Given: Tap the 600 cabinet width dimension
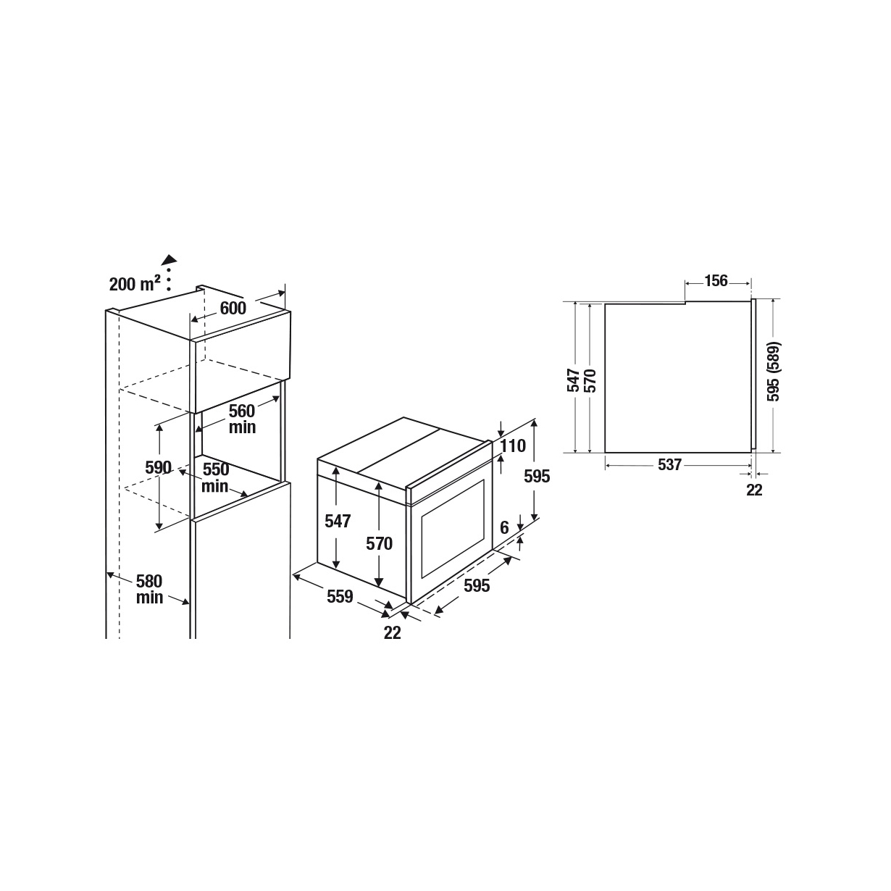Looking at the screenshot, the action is point(233,308).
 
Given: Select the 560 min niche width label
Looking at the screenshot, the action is point(242,419).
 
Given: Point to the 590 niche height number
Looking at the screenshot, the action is point(158,468).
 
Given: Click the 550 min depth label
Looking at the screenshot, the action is point(215,477).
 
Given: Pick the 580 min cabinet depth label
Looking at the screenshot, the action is point(149,589).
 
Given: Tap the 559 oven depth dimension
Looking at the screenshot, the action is point(340,596).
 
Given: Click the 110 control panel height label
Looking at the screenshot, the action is point(514,445).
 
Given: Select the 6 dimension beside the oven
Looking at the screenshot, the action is point(504,527).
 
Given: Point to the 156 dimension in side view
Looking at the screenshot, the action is point(716,280).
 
